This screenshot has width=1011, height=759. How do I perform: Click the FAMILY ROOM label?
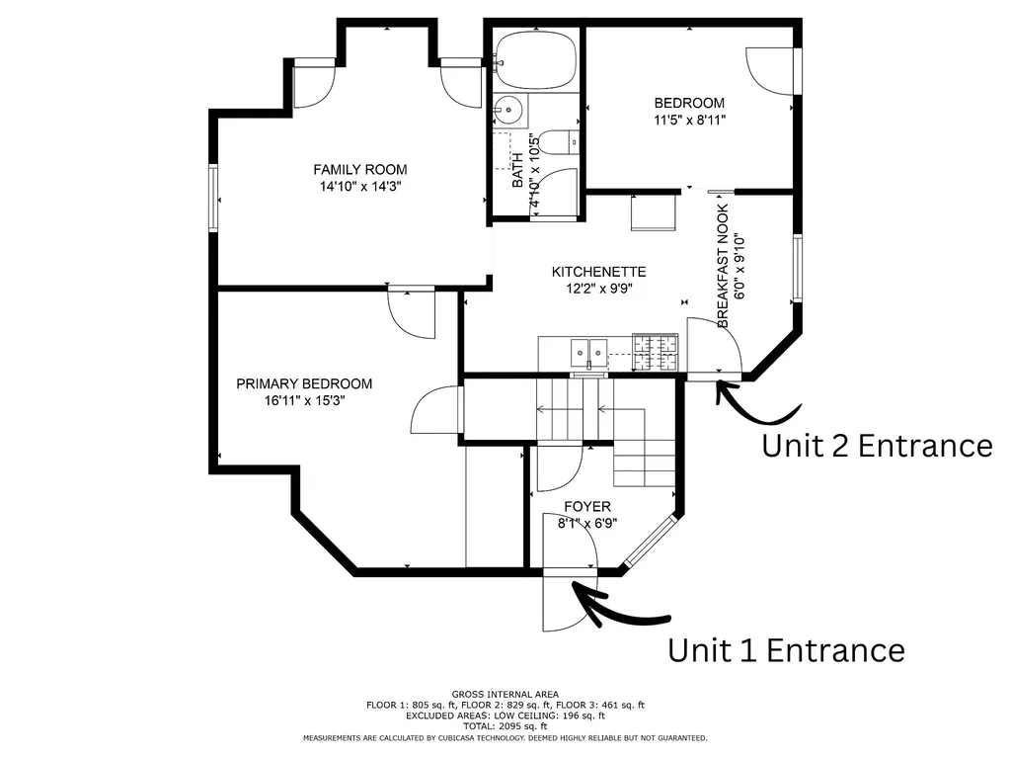click(359, 170)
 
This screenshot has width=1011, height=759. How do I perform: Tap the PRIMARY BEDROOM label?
click(304, 384)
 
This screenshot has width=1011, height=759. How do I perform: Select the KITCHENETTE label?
click(599, 272)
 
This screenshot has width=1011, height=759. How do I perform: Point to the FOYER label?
click(587, 507)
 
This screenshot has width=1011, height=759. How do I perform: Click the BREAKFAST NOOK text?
click(723, 266)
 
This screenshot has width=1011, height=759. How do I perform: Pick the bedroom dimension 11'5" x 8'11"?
click(690, 120)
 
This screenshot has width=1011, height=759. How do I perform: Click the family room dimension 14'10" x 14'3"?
click(360, 187)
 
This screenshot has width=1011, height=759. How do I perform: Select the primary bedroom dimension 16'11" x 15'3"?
click(305, 401)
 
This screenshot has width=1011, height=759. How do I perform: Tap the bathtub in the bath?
click(537, 59)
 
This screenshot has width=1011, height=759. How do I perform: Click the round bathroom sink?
click(509, 110)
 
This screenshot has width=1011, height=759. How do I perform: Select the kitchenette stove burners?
click(656, 353)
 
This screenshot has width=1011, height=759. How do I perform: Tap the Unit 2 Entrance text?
click(877, 446)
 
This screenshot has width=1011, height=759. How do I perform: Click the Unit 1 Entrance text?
click(786, 650)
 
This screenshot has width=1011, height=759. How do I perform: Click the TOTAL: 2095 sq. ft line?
click(505, 726)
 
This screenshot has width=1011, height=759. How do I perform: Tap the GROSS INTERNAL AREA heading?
click(505, 695)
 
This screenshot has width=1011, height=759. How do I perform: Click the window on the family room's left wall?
click(213, 197)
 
